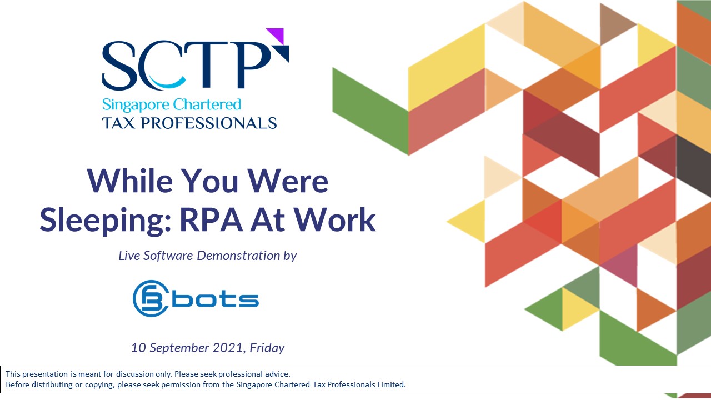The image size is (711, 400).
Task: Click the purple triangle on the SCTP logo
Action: [x=277, y=34]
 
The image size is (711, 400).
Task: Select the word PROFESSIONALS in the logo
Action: [x=208, y=123]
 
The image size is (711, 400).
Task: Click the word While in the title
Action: [x=130, y=181]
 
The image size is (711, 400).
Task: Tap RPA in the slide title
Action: [x=212, y=219]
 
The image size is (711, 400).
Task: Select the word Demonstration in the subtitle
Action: [x=238, y=256]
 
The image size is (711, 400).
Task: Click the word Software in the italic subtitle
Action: [x=168, y=256]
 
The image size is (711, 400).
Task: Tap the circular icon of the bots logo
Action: [x=151, y=298]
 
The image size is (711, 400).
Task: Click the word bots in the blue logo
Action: [x=215, y=299]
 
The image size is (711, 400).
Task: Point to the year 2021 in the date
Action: [x=228, y=348]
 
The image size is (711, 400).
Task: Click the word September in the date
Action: [x=179, y=348]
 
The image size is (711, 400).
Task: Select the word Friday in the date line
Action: [x=267, y=348]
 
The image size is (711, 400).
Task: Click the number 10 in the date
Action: [x=138, y=348]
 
